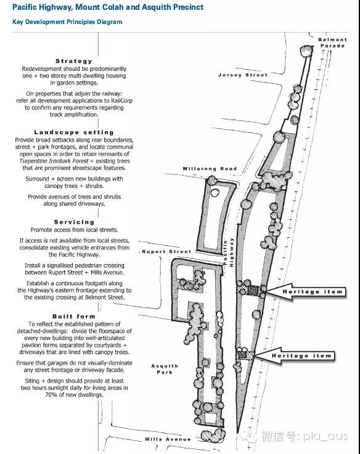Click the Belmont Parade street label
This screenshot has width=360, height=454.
pos(332,43)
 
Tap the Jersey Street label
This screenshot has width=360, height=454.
pos(243,75)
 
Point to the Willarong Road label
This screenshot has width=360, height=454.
pos(210,169)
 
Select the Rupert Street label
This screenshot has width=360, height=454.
pos(166,251)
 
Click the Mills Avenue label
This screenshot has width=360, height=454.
pos(168,439)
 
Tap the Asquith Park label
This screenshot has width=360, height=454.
pos(165,369)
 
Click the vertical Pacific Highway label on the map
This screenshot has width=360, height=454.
pos(228,252)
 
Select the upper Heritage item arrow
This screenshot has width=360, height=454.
pos(306,291)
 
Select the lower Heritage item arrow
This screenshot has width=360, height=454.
pos(295,355)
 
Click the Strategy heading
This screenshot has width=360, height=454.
pos(74,61)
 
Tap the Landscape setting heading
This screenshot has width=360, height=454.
pos(74,132)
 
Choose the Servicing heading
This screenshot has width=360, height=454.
pos(74,222)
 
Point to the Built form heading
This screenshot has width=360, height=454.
pos(74,317)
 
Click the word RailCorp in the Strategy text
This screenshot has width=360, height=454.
pos(121,100)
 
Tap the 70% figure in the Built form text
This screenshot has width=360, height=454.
pos(51,395)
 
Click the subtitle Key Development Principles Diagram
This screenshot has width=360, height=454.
pos(67,22)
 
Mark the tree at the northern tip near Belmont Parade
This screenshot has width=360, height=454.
pos(306,51)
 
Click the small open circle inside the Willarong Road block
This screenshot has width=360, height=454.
pos(215,192)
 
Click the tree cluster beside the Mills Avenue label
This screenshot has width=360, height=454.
pos(213,435)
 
